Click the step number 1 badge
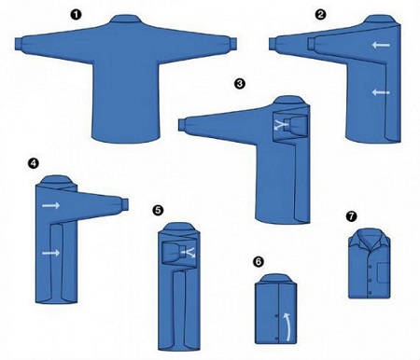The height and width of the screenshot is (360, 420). (x=77, y=15)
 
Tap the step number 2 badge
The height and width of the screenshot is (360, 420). (x=320, y=15)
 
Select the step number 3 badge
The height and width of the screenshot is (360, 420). (x=240, y=84)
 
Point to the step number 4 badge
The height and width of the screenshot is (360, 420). (x=33, y=163)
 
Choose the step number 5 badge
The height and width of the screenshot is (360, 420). (x=158, y=211)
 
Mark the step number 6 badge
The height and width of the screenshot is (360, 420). (x=259, y=262)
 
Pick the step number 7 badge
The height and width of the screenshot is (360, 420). (x=352, y=216)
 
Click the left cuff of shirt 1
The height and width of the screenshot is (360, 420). (x=19, y=44)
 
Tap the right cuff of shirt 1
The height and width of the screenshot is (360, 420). (x=233, y=44)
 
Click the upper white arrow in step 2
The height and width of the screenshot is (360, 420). (x=381, y=45)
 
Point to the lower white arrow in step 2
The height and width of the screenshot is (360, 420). (x=381, y=92)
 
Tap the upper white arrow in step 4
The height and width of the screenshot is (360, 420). (x=51, y=205)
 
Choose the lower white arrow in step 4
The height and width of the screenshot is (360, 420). (x=51, y=253)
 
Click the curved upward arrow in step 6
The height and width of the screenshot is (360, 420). (x=288, y=326)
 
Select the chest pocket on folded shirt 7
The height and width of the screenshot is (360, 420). (x=384, y=272)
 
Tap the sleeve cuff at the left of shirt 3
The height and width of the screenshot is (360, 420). (x=182, y=125)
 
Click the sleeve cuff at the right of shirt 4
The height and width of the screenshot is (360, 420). (x=125, y=203)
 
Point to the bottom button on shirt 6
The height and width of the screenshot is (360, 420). (x=276, y=339)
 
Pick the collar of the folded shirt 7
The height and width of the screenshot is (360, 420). (x=370, y=237)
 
